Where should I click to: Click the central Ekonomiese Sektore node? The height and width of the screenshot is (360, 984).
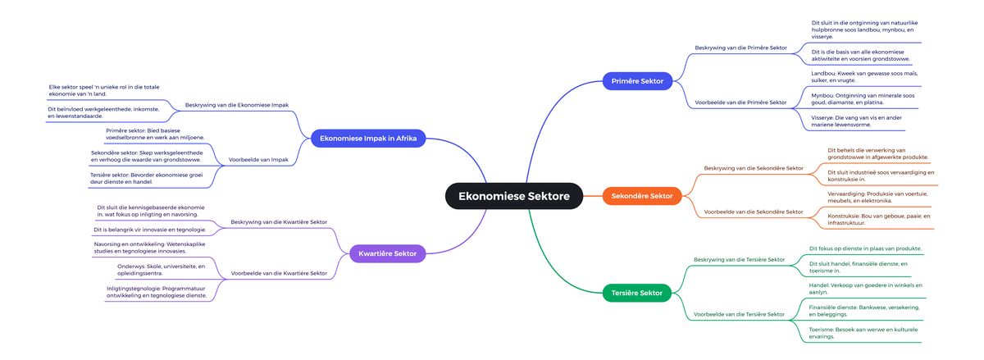(514, 196)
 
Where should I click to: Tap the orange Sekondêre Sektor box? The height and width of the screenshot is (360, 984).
(643, 196)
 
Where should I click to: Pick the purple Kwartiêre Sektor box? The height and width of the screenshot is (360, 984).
(388, 253)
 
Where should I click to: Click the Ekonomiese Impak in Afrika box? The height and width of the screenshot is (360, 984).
(368, 139)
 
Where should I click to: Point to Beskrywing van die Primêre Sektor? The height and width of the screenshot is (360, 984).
(740, 48)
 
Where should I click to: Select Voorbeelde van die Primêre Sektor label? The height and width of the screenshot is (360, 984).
(740, 103)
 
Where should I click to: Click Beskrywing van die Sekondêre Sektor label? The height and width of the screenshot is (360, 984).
(754, 168)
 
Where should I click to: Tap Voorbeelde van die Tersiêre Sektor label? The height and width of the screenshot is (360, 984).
(740, 314)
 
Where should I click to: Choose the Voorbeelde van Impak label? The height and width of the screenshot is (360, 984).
(257, 159)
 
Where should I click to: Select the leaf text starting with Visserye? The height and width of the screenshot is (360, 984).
(856, 121)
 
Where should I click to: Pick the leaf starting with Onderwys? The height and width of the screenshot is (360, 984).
(161, 270)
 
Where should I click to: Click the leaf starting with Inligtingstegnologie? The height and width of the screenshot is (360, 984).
(156, 292)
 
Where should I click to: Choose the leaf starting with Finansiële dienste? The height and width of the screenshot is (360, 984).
(863, 310)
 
